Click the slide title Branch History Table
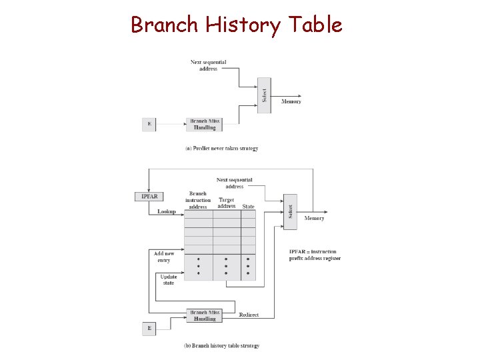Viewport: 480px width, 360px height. [x=237, y=25]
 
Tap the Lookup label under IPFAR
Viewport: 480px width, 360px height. [x=167, y=212]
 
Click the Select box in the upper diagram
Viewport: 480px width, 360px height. [x=264, y=95]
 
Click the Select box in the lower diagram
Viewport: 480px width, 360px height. [x=290, y=211]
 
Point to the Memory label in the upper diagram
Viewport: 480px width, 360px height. [x=291, y=101]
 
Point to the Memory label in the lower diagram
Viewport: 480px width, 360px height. [x=314, y=218]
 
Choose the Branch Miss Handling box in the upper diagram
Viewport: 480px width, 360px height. [x=205, y=125]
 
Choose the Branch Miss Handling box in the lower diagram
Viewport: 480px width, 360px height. [x=205, y=315]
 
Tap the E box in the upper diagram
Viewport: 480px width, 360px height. [x=149, y=125]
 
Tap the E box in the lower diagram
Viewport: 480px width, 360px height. [x=149, y=329]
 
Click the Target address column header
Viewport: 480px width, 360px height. [x=227, y=203]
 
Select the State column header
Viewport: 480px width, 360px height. [x=248, y=207]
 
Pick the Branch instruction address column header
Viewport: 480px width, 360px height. [x=198, y=200]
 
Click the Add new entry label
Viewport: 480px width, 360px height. [x=164, y=257]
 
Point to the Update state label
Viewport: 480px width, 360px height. [x=168, y=279]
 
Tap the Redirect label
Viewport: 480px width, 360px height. [x=249, y=315]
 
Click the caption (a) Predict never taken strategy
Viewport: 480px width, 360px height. [x=221, y=148]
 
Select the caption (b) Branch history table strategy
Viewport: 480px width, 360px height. [x=221, y=345]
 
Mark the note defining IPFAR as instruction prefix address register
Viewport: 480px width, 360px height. [x=315, y=255]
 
